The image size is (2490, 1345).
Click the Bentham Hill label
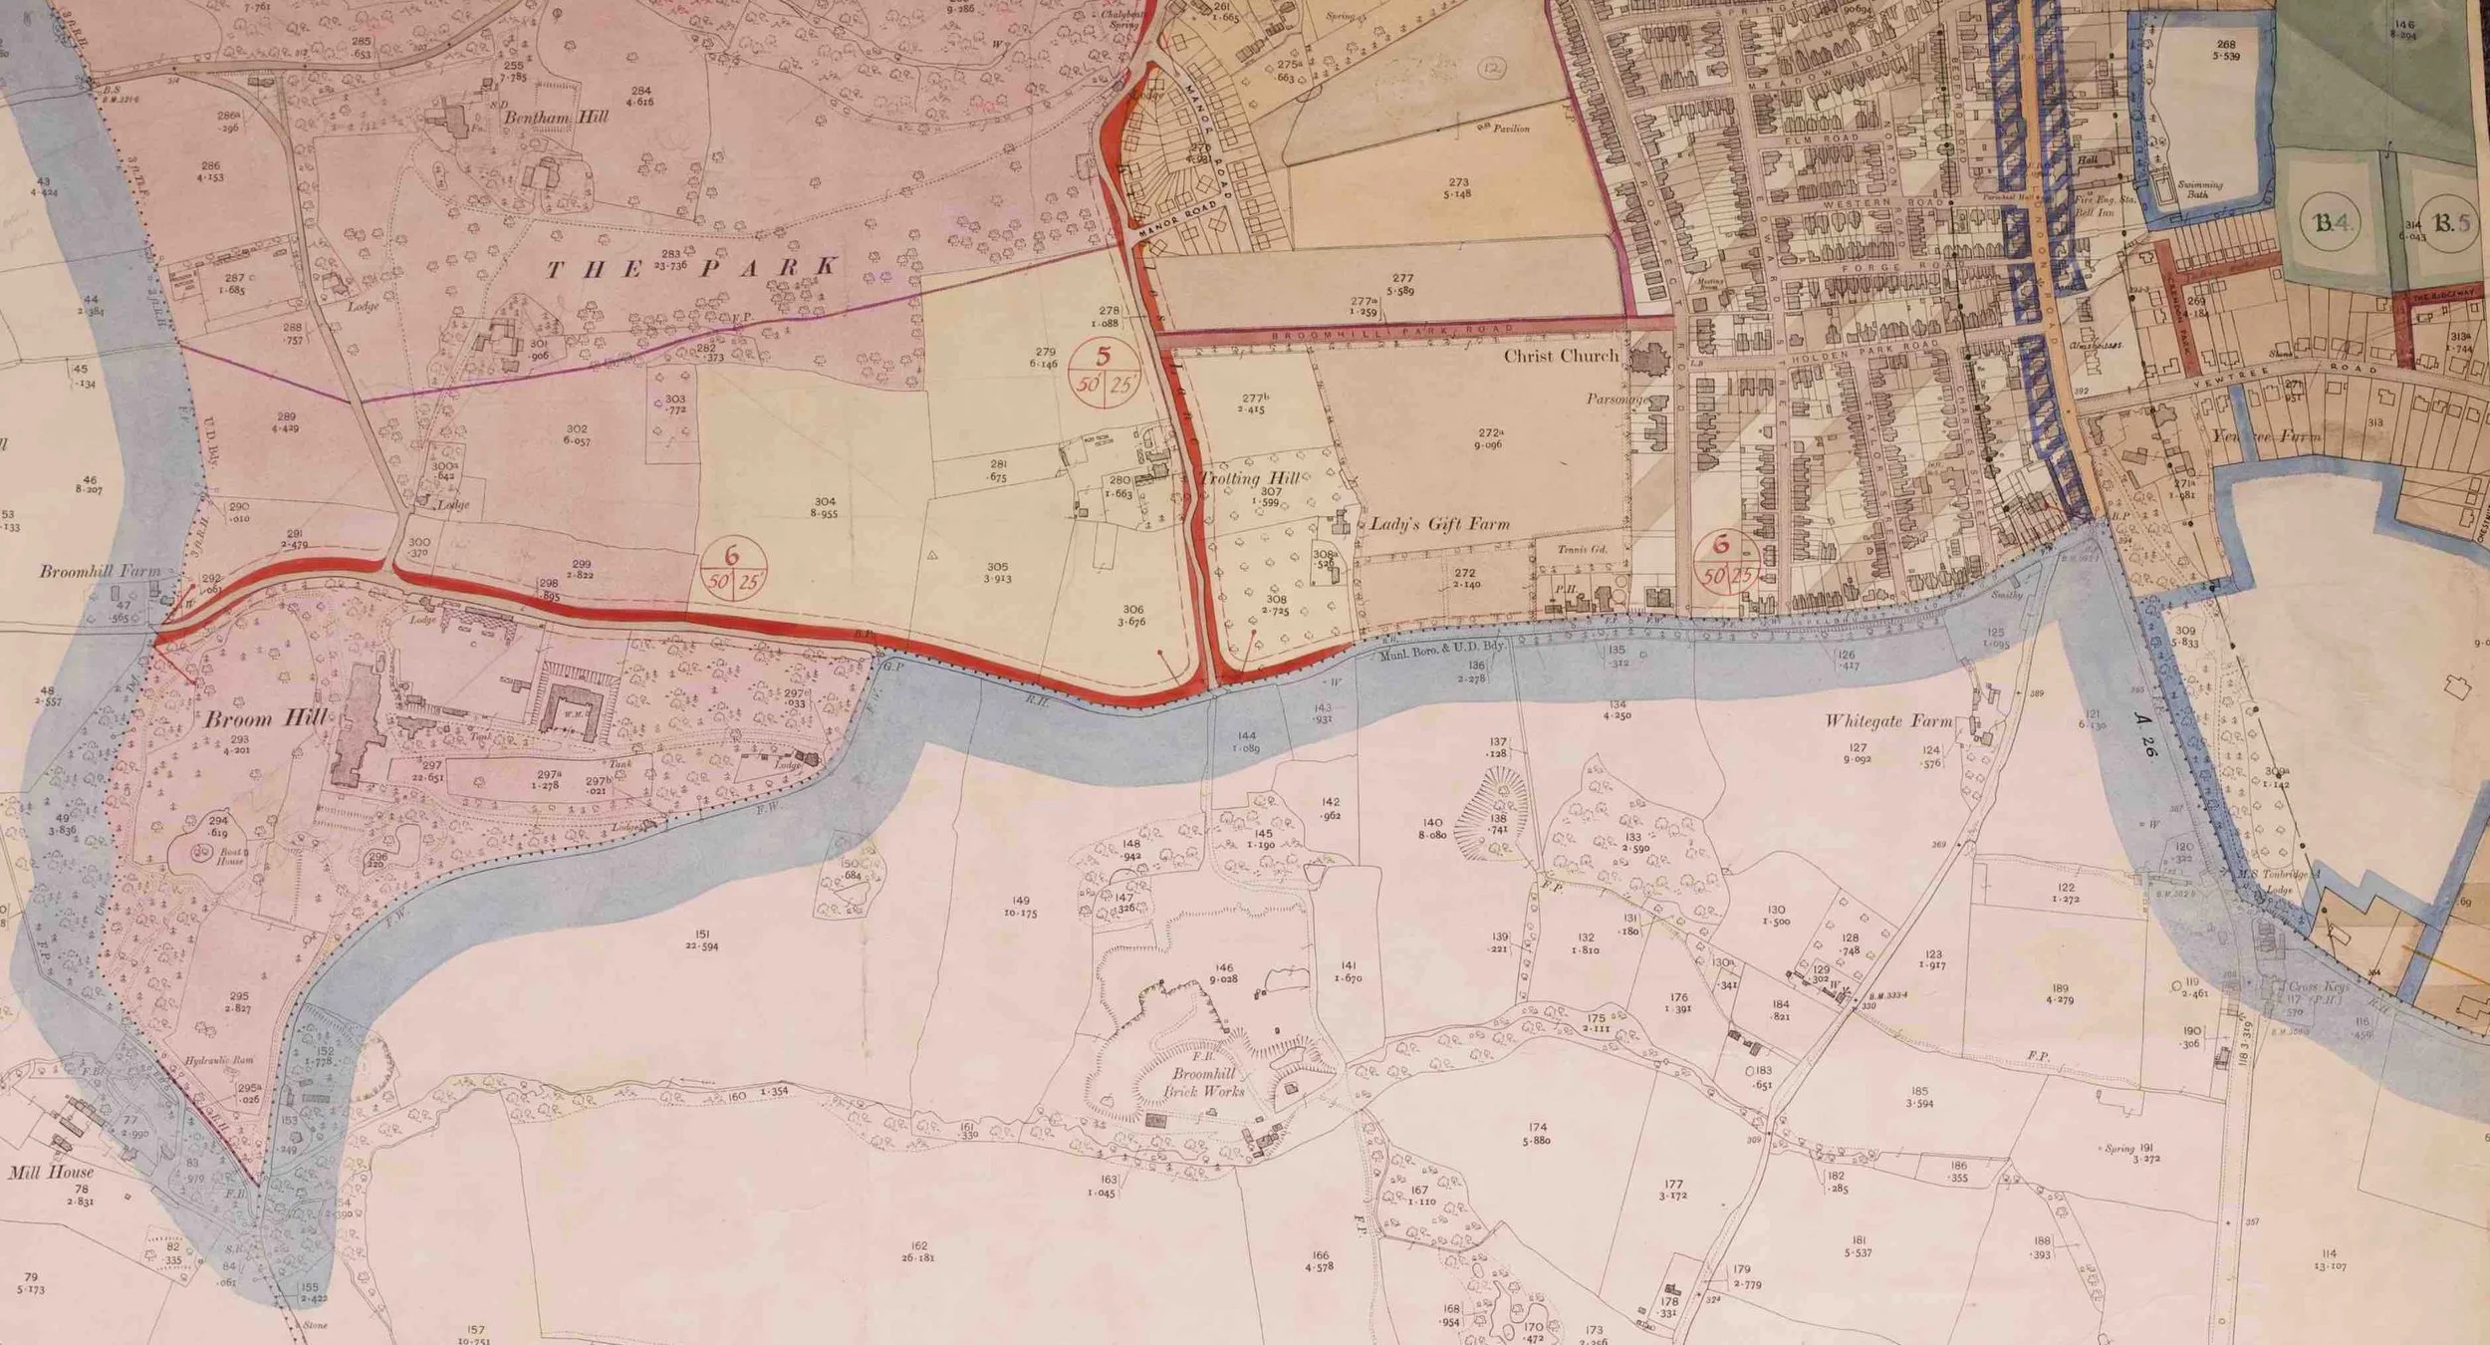(x=555, y=117)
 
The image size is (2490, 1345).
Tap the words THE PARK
(x=691, y=267)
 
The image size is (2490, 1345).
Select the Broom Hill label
(x=265, y=719)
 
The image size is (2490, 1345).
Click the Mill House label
(x=51, y=1173)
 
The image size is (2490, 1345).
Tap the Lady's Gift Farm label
(x=1439, y=524)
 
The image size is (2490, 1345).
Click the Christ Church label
(x=1560, y=356)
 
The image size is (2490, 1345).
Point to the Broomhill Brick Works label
(x=1204, y=1082)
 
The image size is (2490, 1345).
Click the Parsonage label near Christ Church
(x=1616, y=400)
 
